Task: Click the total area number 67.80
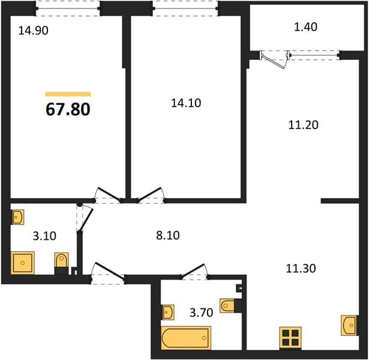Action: [68, 110]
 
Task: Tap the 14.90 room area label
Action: [34, 31]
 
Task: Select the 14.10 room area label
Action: [186, 103]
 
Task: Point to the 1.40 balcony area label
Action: [305, 27]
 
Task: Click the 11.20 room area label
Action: [304, 125]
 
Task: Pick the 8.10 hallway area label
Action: [168, 235]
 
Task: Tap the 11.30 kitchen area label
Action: [301, 268]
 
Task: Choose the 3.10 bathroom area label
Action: [44, 236]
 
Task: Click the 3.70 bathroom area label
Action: [202, 313]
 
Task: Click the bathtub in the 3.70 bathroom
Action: [186, 338]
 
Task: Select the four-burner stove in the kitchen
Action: [290, 337]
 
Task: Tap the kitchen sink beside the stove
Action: [349, 325]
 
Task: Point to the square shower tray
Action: [23, 263]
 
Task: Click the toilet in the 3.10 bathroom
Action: [61, 263]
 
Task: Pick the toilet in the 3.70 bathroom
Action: [230, 305]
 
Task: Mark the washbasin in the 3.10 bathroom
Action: [18, 217]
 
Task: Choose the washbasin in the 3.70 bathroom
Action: [168, 312]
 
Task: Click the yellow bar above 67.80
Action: [68, 94]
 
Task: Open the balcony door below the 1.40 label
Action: [274, 59]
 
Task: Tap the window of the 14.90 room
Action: [68, 8]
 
